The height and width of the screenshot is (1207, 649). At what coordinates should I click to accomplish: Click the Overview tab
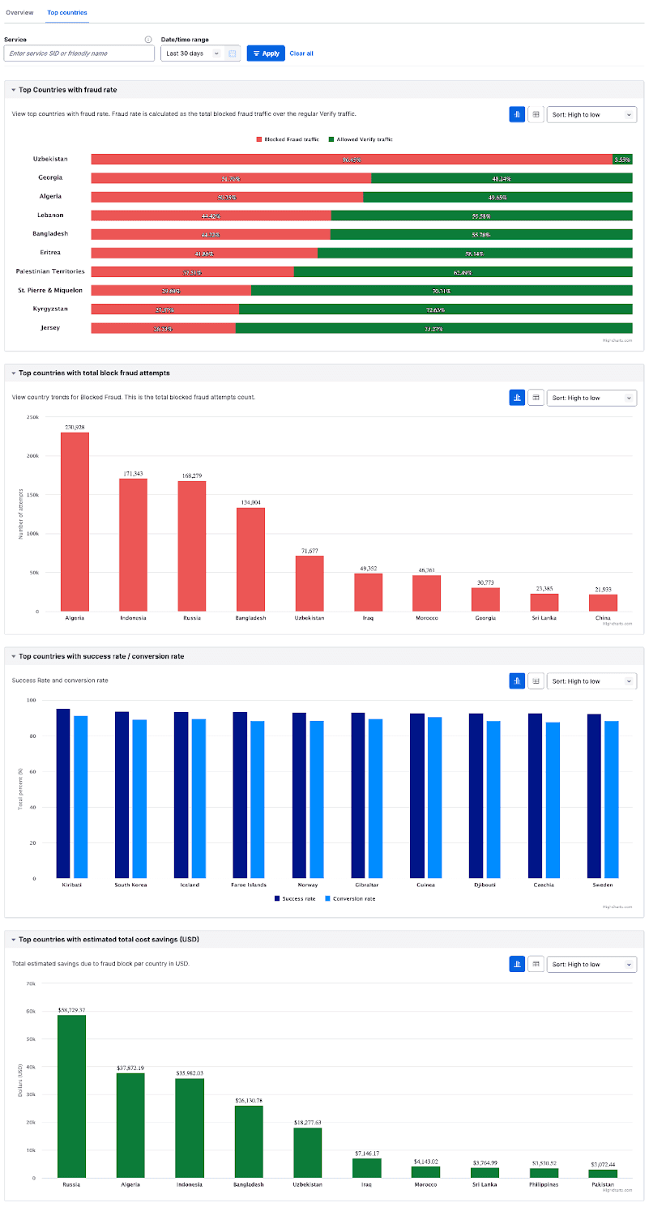(19, 13)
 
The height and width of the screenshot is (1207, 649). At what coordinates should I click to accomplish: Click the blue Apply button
(266, 53)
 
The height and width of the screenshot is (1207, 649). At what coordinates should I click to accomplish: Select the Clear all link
(301, 53)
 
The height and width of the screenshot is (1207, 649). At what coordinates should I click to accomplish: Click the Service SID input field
(79, 53)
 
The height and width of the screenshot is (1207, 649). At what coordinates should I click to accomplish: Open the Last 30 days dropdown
(193, 53)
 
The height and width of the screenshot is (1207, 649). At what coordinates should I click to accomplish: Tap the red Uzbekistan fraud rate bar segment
(351, 160)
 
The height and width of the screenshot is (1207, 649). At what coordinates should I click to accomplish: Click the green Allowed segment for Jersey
(433, 328)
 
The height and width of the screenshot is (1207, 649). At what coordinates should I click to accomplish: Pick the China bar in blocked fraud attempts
(603, 603)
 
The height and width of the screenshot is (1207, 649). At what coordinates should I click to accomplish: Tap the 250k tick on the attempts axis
(32, 417)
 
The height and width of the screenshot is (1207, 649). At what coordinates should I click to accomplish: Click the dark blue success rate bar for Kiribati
(63, 793)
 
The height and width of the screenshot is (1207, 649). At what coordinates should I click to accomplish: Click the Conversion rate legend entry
(349, 898)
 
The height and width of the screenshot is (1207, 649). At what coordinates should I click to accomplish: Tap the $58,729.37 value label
(71, 1010)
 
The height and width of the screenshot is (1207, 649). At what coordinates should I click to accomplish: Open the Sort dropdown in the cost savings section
(591, 964)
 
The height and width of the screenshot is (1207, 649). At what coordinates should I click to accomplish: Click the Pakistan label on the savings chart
(602, 1184)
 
